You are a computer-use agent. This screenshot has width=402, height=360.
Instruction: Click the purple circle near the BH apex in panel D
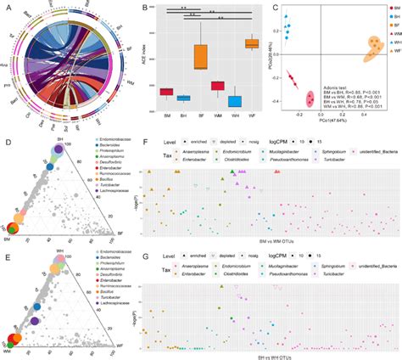pyautogui.click(x=58, y=150)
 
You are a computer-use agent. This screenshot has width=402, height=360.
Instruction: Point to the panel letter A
pyautogui.click(x=6, y=7)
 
